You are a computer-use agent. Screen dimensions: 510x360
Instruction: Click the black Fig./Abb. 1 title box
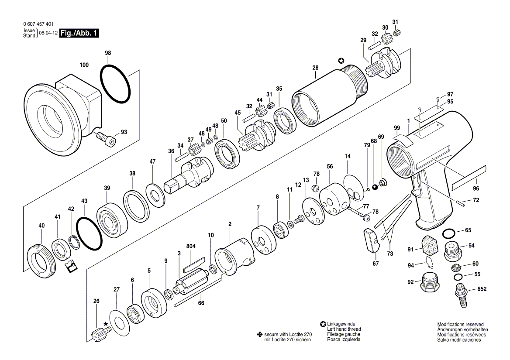[79, 33]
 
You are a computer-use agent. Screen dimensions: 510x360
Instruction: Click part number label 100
[84, 65]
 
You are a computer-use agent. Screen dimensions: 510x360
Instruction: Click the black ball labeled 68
[375, 187]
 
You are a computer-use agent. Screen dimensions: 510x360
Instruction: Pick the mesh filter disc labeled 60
[457, 268]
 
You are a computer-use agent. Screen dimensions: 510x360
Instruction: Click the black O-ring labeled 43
[90, 233]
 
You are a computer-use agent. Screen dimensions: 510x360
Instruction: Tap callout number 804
[191, 246]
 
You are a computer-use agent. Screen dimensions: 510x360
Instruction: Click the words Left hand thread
[344, 329]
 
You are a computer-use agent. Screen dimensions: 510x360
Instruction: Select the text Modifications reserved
[460, 324]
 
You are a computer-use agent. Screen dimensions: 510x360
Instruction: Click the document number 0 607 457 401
[38, 24]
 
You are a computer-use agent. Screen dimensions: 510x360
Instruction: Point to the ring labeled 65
[449, 233]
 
